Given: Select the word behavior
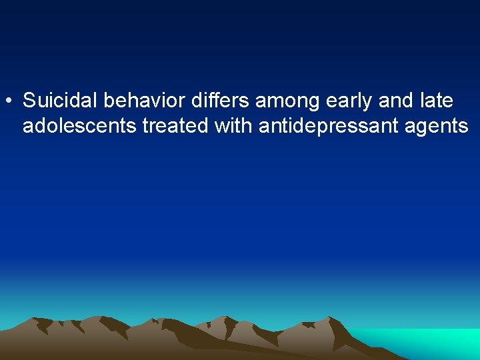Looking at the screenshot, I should click(142, 101).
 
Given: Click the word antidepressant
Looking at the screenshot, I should click(321, 126).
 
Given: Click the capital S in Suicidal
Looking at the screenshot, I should click(29, 101).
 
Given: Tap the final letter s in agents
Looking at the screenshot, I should click(463, 127).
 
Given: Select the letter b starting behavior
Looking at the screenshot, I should click(108, 101).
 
